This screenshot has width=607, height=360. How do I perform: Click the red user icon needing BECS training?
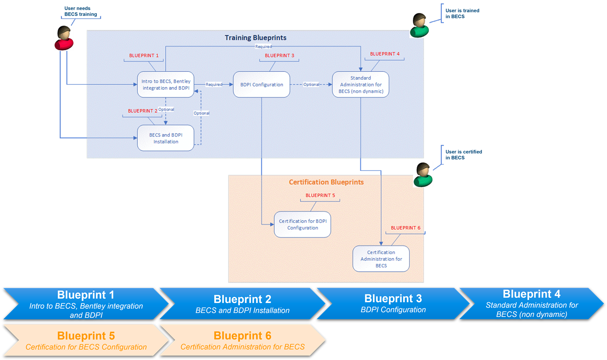click(63, 38)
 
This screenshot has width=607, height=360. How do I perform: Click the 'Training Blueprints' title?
click(255, 38)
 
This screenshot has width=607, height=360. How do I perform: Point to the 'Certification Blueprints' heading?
click(326, 182)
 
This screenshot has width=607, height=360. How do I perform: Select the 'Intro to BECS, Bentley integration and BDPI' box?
click(166, 85)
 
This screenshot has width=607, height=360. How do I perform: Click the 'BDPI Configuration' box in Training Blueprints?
click(261, 85)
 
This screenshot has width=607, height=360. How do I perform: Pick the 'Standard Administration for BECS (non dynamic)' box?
click(360, 85)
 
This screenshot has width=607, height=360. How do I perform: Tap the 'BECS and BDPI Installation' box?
click(166, 138)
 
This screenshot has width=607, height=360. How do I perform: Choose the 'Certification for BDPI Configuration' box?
click(303, 224)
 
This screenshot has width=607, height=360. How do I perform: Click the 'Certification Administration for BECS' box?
click(381, 259)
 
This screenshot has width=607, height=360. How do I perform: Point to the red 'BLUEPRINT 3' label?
click(279, 55)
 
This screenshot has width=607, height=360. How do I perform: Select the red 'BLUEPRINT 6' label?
click(405, 228)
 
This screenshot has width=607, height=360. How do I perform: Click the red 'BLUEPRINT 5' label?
click(320, 195)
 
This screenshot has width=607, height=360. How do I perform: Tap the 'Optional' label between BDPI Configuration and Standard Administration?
click(311, 85)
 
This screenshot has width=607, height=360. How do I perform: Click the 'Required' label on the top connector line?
click(263, 47)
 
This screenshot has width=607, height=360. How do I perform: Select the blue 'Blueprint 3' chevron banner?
click(393, 304)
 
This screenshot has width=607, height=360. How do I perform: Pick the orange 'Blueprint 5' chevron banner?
click(86, 340)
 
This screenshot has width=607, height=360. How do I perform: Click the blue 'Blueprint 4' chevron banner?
click(531, 304)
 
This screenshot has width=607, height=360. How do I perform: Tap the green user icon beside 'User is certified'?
click(423, 175)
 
